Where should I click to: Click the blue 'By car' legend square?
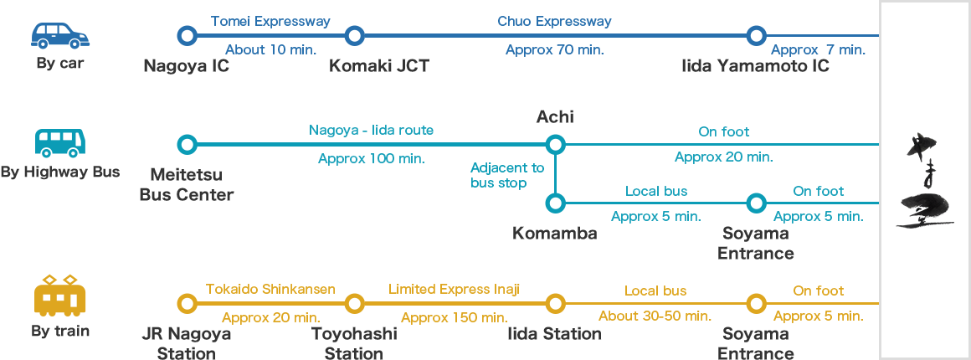[59, 36]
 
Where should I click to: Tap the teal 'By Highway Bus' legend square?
[59, 143]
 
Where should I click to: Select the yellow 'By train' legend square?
[59, 295]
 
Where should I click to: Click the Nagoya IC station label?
[186, 65]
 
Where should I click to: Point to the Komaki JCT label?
[378, 65]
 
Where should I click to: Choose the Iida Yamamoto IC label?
[755, 65]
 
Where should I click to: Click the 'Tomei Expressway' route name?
[270, 21]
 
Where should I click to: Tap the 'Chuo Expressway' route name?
[554, 21]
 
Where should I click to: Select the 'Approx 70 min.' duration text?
[554, 49]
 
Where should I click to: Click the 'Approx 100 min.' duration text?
[374, 157]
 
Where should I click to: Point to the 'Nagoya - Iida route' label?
[371, 130]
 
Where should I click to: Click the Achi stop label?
[554, 116]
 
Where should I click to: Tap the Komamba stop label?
[554, 233]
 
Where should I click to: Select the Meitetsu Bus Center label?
[186, 184]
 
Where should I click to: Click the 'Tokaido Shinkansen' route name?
[270, 290]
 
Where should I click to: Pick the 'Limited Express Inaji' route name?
[455, 290]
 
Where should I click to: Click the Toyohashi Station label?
[353, 343]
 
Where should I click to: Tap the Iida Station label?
[554, 334]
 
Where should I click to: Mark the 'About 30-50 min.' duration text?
[655, 316]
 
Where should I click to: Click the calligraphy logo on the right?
[925, 179]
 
